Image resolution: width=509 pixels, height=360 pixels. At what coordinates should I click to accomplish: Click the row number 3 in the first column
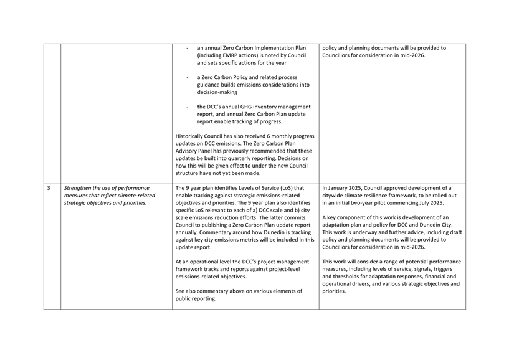49,187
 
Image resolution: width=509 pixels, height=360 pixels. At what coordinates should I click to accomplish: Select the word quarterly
249,159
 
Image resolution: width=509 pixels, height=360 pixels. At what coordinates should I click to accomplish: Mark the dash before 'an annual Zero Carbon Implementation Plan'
188,48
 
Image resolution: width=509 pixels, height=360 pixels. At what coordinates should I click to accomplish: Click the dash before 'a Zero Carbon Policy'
188,78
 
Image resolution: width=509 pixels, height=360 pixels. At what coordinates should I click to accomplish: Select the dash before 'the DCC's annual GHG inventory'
188,107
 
